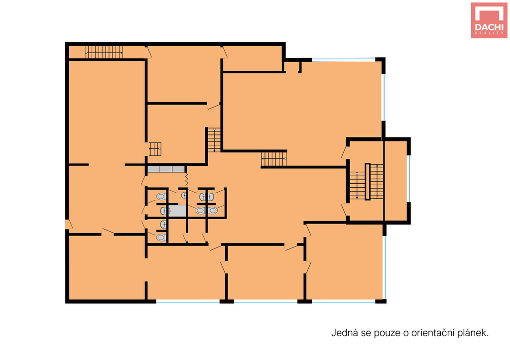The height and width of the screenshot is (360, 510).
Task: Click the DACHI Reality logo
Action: click(489, 20)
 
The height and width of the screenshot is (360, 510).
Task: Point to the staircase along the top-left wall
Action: click(104, 52)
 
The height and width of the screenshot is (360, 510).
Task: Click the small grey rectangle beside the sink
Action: click(178, 211)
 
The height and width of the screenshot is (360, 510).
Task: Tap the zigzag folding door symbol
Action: click(187, 179)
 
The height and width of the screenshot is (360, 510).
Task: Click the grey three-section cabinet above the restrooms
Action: click(166, 169)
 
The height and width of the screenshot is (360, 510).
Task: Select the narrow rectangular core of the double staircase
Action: click(368, 181)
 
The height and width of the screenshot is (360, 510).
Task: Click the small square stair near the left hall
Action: click(155, 149)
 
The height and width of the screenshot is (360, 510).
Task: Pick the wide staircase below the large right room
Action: click(274, 158)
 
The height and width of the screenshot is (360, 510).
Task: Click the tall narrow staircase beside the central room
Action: click(214, 140)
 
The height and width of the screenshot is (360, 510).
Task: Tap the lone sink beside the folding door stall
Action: click(183, 195)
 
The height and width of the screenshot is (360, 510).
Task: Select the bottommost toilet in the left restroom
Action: click(161, 238)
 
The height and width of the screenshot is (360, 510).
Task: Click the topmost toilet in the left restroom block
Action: click(161, 196)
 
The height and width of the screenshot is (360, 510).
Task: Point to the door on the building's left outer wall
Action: click(69, 225)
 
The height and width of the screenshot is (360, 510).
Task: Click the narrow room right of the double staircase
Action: click(396, 181)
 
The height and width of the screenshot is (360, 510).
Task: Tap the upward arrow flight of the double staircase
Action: click(377, 181)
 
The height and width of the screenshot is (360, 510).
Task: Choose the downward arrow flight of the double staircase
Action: click(357, 185)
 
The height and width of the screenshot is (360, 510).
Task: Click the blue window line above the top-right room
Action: click(344, 60)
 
